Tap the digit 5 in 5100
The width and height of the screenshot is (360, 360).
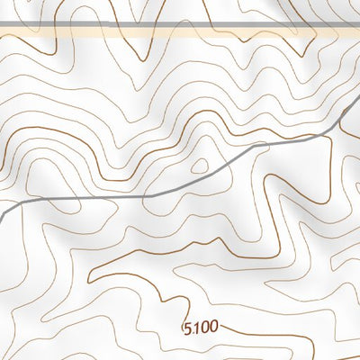pos(187,325)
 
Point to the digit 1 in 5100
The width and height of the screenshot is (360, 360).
pos(194,326)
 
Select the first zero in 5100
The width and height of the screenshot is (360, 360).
pos(203,326)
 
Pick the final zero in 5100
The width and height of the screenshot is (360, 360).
pos(212,327)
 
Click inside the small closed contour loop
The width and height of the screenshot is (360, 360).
pos(200,166)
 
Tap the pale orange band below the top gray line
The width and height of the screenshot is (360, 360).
pos(180,32)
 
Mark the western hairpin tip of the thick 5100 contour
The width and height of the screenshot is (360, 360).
pos(89,271)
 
